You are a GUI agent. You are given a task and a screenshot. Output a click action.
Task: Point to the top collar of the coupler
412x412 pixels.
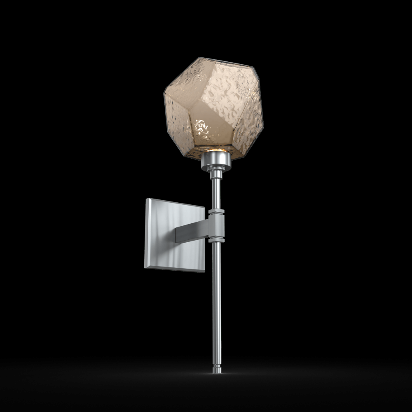[x=216, y=213]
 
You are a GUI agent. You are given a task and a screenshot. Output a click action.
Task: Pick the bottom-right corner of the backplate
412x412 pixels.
[x=204, y=271]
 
